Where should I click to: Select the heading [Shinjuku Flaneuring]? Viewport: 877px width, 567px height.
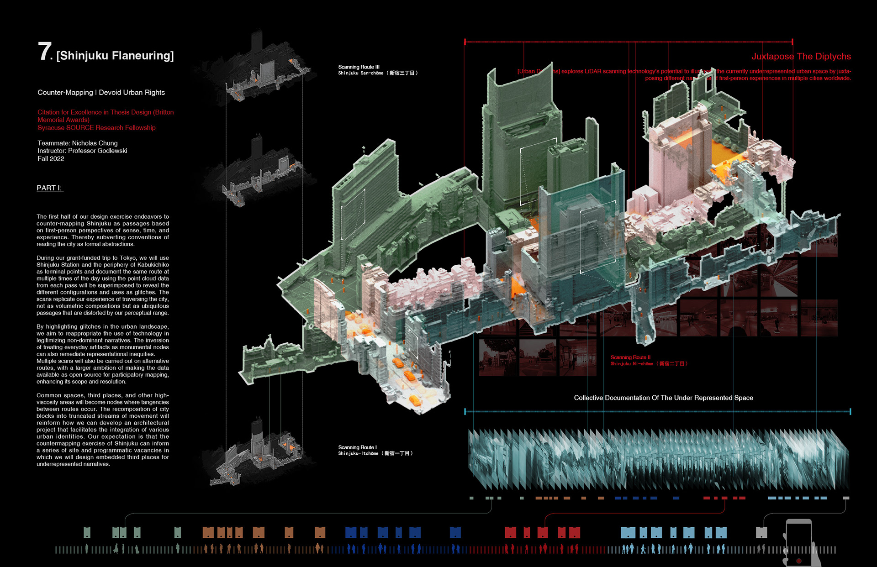click(x=115, y=56)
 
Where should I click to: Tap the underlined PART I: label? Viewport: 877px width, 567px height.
click(x=50, y=188)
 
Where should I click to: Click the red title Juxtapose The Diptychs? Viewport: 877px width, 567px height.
click(x=801, y=57)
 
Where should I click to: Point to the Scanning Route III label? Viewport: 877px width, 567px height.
click(x=359, y=67)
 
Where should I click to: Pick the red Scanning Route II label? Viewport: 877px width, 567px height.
click(x=630, y=357)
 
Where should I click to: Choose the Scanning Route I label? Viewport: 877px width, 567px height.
click(x=358, y=447)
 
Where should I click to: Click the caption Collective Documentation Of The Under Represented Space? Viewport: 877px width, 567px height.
click(x=663, y=398)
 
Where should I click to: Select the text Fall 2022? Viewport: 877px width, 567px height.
click(x=51, y=159)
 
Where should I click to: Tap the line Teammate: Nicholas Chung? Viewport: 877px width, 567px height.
click(x=78, y=143)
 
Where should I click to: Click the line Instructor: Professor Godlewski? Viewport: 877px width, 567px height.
click(x=82, y=151)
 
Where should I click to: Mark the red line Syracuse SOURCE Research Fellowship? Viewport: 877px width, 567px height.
click(x=96, y=128)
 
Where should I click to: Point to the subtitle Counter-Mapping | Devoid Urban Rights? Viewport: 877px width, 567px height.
click(x=101, y=93)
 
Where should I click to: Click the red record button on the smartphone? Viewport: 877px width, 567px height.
click(x=799, y=561)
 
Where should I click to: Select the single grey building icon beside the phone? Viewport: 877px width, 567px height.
click(x=761, y=532)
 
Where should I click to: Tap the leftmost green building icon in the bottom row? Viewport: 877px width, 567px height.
click(x=87, y=532)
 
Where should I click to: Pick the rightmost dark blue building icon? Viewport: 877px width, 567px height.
click(x=455, y=532)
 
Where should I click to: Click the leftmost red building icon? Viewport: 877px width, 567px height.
click(x=510, y=532)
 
